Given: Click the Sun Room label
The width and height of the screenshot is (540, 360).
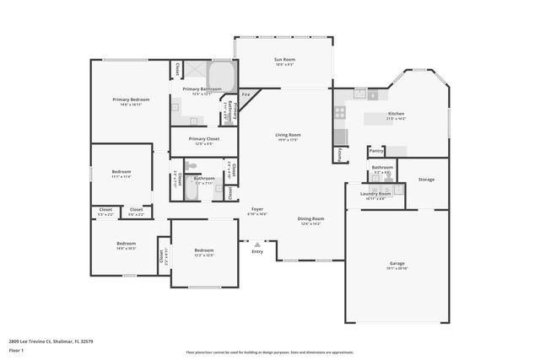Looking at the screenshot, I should point(283,59).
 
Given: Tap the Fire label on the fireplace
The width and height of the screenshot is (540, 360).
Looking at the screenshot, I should point(246,94).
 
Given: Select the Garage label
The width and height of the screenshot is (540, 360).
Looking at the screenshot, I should point(397,263).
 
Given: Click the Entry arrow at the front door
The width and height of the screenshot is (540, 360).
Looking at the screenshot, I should point(257,245).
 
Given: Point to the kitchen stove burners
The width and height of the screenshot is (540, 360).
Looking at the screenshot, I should point(340,110).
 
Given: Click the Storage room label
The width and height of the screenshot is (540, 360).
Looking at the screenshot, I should point(426,179).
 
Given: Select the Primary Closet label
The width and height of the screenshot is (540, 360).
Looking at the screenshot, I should point(203,139).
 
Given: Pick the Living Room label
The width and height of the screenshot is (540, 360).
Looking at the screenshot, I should point(288,135).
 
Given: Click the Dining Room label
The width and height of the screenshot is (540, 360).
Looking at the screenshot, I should point(310,219).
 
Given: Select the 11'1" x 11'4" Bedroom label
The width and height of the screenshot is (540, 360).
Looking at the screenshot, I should point(121,173).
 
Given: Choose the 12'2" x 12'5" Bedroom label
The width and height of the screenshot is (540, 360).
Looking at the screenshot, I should point(204,250).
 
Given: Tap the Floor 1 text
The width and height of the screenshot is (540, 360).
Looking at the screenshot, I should point(16,349).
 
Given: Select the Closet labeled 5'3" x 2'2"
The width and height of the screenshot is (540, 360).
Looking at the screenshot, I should point(105,210).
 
